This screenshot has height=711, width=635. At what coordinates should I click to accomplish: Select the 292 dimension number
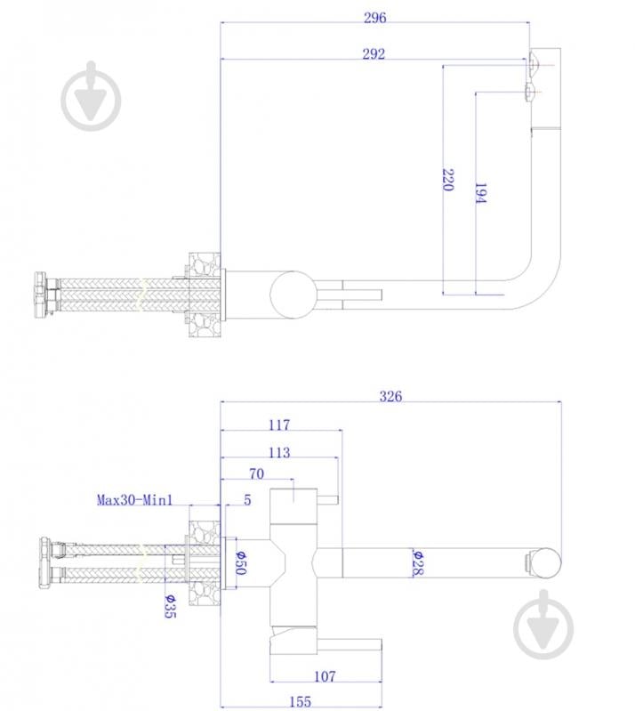pyautogui.click(x=374, y=53)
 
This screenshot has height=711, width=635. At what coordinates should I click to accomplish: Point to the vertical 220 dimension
pyautogui.click(x=447, y=181)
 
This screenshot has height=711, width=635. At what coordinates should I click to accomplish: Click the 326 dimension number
pyautogui.click(x=390, y=396)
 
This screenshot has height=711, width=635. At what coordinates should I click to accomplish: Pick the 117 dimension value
pyautogui.click(x=279, y=425)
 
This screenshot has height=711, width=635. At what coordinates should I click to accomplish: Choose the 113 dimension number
pyautogui.click(x=278, y=452)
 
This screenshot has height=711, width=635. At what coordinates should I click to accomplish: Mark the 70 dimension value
pyautogui.click(x=256, y=473)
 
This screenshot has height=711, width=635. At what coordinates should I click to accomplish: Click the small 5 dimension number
pyautogui.click(x=247, y=500)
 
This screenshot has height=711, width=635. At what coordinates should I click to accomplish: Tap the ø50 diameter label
pyautogui.click(x=239, y=562)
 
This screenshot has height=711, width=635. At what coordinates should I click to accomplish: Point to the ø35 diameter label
pyautogui.click(x=168, y=607)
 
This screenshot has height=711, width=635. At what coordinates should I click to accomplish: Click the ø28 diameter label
pyautogui.click(x=415, y=562)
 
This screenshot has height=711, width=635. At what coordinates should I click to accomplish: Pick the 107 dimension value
pyautogui.click(x=325, y=676)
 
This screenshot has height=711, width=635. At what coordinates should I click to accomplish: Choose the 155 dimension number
pyautogui.click(x=301, y=702)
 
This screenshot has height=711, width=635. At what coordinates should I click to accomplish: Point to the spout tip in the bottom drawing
pyautogui.click(x=544, y=562)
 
